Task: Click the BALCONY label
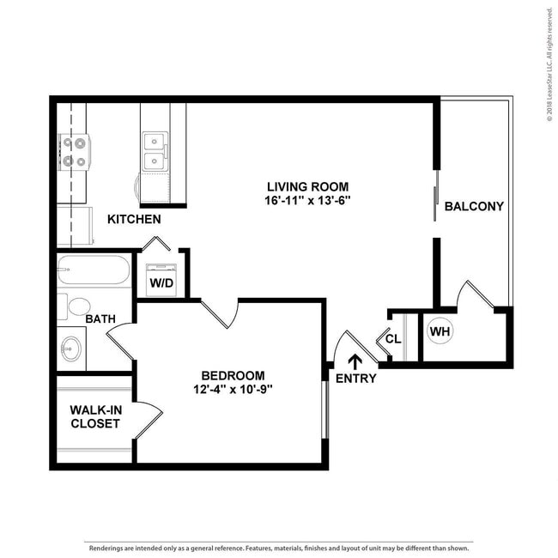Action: (474, 206)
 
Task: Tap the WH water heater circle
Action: (440, 331)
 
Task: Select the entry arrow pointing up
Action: (355, 362)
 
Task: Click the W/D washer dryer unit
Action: (161, 280)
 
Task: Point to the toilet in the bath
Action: (74, 306)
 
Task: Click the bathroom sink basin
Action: (70, 349)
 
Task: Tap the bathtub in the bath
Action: (94, 270)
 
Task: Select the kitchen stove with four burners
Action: (75, 152)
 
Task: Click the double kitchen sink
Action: (155, 151)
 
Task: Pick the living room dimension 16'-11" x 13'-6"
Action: (307, 201)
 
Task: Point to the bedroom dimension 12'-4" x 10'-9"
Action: (234, 390)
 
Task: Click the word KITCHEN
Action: (134, 219)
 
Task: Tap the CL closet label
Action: (393, 339)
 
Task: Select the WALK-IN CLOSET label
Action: (95, 416)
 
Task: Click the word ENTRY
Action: (356, 379)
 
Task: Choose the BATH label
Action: (100, 318)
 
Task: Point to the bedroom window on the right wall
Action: (324, 409)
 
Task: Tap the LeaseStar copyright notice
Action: (549, 64)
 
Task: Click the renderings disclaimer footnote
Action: (279, 548)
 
